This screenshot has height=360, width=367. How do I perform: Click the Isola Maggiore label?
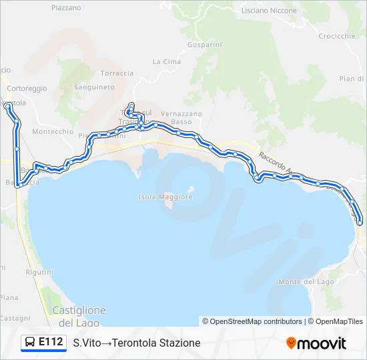[x=165, y=197]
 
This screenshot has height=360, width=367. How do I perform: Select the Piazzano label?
[x=66, y=8]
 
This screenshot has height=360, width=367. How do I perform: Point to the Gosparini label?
[x=204, y=44]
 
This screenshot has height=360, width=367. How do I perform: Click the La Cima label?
[x=167, y=61]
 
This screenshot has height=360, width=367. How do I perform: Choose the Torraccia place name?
[x=117, y=73]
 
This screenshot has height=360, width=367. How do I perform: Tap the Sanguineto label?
[x=94, y=87]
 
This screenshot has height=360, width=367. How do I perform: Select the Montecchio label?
[x=53, y=131]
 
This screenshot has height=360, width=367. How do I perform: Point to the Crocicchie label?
[x=337, y=36]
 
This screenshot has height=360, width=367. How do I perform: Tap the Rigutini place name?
[x=39, y=272]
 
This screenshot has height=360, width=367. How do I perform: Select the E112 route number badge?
[x=51, y=342]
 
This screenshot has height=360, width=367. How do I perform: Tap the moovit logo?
[x=316, y=343]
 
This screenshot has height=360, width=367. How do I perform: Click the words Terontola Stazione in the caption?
[x=156, y=343]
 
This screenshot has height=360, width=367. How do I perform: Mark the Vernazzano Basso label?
[x=181, y=117]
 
